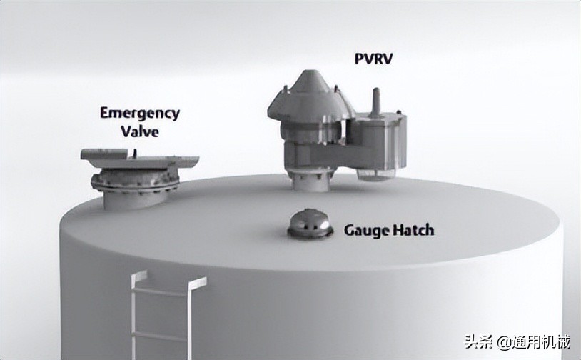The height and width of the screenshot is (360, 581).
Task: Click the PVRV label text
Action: coord(373,59)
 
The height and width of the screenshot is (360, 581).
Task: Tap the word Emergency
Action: coord(140,113)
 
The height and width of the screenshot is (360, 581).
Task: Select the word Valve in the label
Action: coord(140,131)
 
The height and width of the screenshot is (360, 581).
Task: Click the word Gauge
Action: coord(367,231)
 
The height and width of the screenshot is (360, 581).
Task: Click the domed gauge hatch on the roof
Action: coord(310,222)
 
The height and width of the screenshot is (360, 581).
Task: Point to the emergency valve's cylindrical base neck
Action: coord(134,199)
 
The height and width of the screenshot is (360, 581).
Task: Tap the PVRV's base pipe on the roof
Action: coord(310,181)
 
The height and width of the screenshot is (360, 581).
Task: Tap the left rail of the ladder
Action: coord(134,315)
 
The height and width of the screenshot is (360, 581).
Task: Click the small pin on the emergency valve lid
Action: coord(135,153)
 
